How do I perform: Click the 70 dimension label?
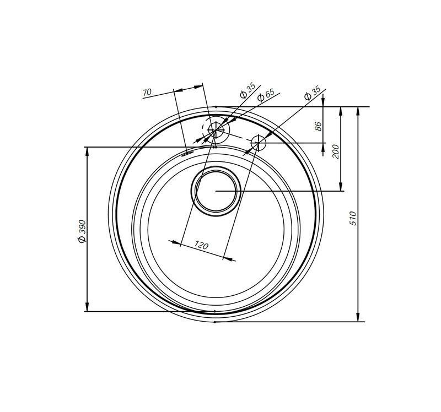pos(147,92)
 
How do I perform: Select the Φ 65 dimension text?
pos(266,95)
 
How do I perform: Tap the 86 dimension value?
pos(318,126)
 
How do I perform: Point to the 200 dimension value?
pos(336,151)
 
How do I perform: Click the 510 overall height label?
pos(353,218)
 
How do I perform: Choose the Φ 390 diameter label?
pos(82,231)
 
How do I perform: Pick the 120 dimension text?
pos(201,245)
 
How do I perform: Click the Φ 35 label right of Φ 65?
pos(312,93)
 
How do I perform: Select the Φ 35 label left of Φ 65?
pos(247,90)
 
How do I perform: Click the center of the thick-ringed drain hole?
pos(216,191)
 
